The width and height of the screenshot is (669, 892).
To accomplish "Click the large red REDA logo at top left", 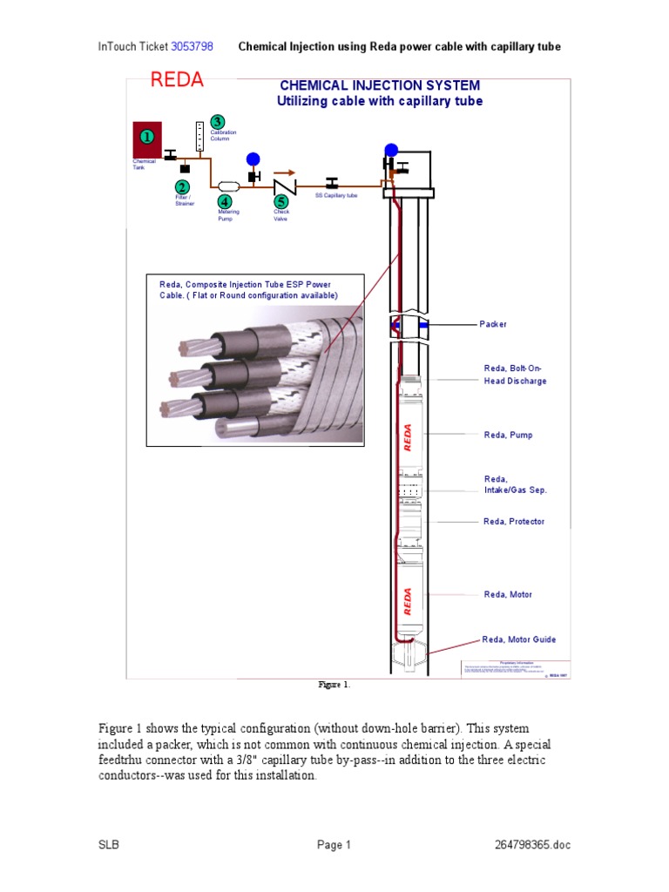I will [x=177, y=81].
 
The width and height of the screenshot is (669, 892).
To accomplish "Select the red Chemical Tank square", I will [x=147, y=137].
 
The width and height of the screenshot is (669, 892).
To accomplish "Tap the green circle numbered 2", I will [x=182, y=187].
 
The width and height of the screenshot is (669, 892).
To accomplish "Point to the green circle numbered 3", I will [x=218, y=121].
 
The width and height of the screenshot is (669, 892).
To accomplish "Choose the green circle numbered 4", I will [x=225, y=201].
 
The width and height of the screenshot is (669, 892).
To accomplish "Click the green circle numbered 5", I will [x=281, y=201].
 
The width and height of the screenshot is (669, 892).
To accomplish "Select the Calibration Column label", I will [x=224, y=136].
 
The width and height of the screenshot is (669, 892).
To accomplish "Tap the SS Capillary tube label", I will [x=336, y=195].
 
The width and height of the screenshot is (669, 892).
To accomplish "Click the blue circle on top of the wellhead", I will [x=391, y=150].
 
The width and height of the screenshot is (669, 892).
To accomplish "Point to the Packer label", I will [x=492, y=324].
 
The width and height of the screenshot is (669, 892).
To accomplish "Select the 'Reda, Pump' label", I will [x=508, y=434].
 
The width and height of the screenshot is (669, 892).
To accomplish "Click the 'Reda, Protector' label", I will [x=514, y=521].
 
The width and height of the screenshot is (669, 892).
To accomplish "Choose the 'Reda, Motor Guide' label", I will [x=519, y=639].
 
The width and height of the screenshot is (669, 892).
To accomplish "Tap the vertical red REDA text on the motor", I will [x=408, y=601].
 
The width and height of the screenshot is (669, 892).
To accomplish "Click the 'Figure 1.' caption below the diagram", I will [x=334, y=686].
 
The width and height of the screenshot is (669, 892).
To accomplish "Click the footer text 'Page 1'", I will [x=334, y=845].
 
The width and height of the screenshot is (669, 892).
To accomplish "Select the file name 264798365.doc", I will [x=531, y=845].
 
